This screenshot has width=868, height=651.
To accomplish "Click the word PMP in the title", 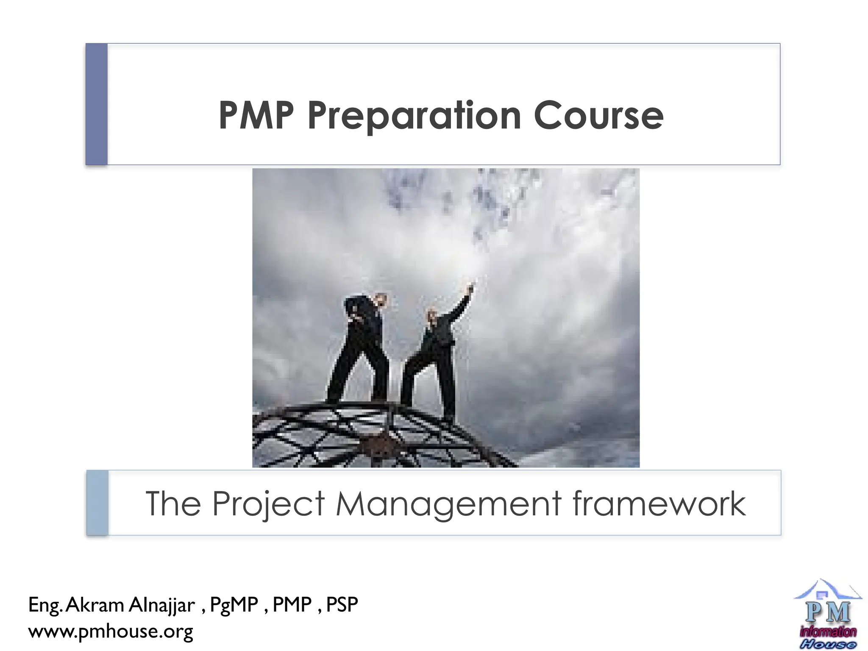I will tap(256, 116).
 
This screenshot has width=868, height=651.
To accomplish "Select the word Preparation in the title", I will tap(414, 117).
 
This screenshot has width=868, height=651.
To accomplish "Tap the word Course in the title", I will tap(598, 116).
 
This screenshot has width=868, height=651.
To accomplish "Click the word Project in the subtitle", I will tap(268, 504).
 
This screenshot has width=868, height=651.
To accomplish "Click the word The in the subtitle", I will tap(173, 503).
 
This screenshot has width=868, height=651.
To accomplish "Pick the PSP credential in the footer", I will tap(342, 605).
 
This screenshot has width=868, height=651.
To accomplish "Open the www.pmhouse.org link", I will tap(111, 631).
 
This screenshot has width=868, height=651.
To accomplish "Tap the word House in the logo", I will tap(828, 644).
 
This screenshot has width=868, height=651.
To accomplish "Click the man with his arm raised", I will tap(437, 352).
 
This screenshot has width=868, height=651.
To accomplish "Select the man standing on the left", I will tap(362, 348).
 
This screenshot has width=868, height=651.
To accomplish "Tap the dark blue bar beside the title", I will tap(97, 104).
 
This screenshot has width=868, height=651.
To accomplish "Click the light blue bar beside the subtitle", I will tap(97, 503).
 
